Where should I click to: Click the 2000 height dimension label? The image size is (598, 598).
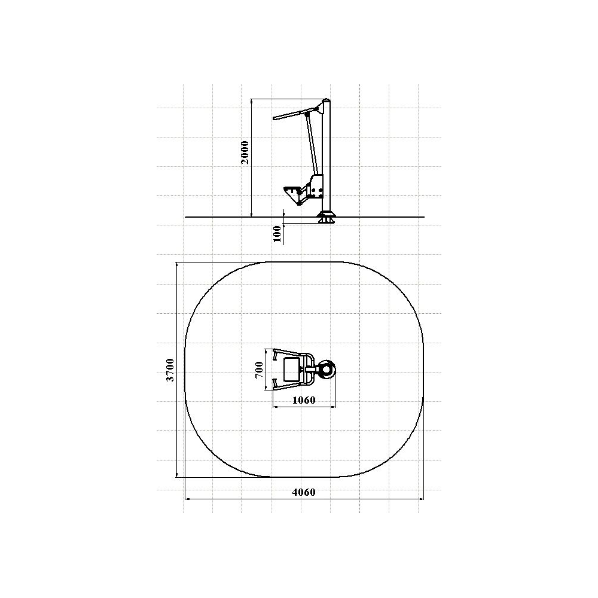[x=245, y=152]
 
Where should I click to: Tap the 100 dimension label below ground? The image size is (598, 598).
[x=277, y=234]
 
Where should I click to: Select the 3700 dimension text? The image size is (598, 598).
[x=170, y=370]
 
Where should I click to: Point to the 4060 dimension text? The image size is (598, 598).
[x=304, y=492]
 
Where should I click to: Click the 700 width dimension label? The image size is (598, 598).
[x=259, y=370]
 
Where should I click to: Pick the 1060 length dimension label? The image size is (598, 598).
[x=304, y=400]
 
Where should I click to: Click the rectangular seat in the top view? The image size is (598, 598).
[x=292, y=369]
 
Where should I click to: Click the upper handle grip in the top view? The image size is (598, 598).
[x=274, y=355]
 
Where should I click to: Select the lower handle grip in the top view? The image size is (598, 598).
[x=274, y=384]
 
